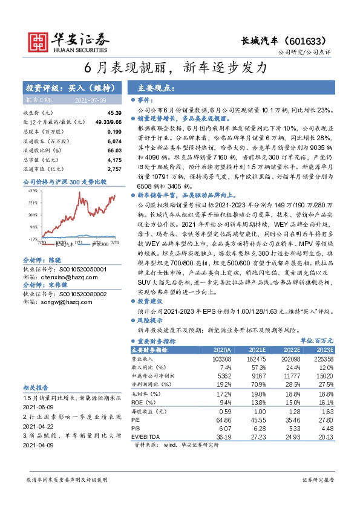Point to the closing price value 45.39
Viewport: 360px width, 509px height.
[114, 113]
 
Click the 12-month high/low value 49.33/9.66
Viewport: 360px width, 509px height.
[109, 122]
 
